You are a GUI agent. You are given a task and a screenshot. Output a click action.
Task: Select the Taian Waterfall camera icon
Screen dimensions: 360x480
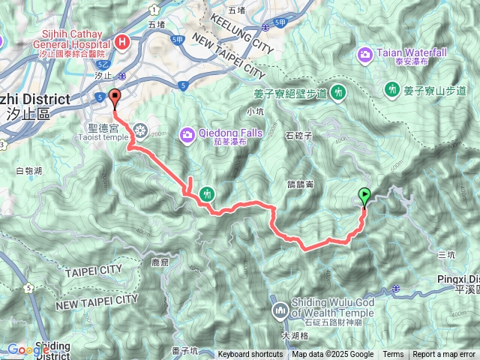pyautogui.click(x=365, y=54)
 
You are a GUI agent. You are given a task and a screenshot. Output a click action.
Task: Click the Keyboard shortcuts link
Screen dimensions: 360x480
pyautogui.click(x=250, y=355)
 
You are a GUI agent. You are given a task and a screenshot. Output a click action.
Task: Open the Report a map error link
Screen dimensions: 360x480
pyautogui.click(x=445, y=355)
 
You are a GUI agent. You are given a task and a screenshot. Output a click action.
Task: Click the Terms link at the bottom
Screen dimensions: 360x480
pyautogui.click(x=393, y=355)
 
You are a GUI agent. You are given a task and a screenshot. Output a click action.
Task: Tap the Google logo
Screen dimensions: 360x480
pyautogui.click(x=28, y=349)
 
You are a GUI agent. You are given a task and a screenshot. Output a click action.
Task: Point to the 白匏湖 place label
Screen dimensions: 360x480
pyautogui.click(x=28, y=171)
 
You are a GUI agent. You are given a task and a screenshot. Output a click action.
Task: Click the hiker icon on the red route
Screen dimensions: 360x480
pyautogui.click(x=207, y=193)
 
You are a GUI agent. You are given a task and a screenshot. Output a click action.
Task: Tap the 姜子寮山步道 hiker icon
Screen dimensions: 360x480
pyautogui.click(x=391, y=91)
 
